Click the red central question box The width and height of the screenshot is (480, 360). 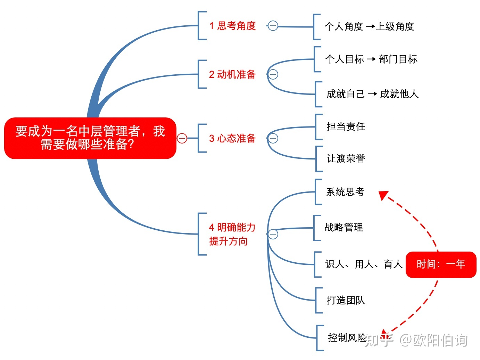pos(90,138)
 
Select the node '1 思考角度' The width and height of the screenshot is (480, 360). pos(232,26)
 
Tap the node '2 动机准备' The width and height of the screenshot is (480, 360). pos(232,74)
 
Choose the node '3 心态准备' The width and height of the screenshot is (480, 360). pos(232,138)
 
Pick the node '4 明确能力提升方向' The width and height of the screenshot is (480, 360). pos(232,234)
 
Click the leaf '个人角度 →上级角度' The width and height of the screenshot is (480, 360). pos(369,26)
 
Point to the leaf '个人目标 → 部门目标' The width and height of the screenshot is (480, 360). pos(371,59)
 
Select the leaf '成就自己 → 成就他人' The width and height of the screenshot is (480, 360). pos(372,94)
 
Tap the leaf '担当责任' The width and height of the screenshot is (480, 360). pos(346,126)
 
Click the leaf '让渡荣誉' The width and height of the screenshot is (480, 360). pos(346,158)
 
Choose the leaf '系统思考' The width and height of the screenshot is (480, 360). pos(345,192)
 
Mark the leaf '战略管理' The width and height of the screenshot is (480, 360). pos(344,227)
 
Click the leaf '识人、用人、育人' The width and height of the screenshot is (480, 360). pos(363,264)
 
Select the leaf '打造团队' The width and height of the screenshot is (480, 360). pos(346,300)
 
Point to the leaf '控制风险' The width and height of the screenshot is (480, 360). pos(347,338)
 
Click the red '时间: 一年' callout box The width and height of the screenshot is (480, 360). pos(441,264)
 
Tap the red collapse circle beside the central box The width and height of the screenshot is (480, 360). pos(182,138)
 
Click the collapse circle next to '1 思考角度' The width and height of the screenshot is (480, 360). pos(273,26)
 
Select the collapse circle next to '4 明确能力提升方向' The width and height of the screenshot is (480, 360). pos(273,234)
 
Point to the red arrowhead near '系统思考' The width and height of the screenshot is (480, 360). pos(383,195)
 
